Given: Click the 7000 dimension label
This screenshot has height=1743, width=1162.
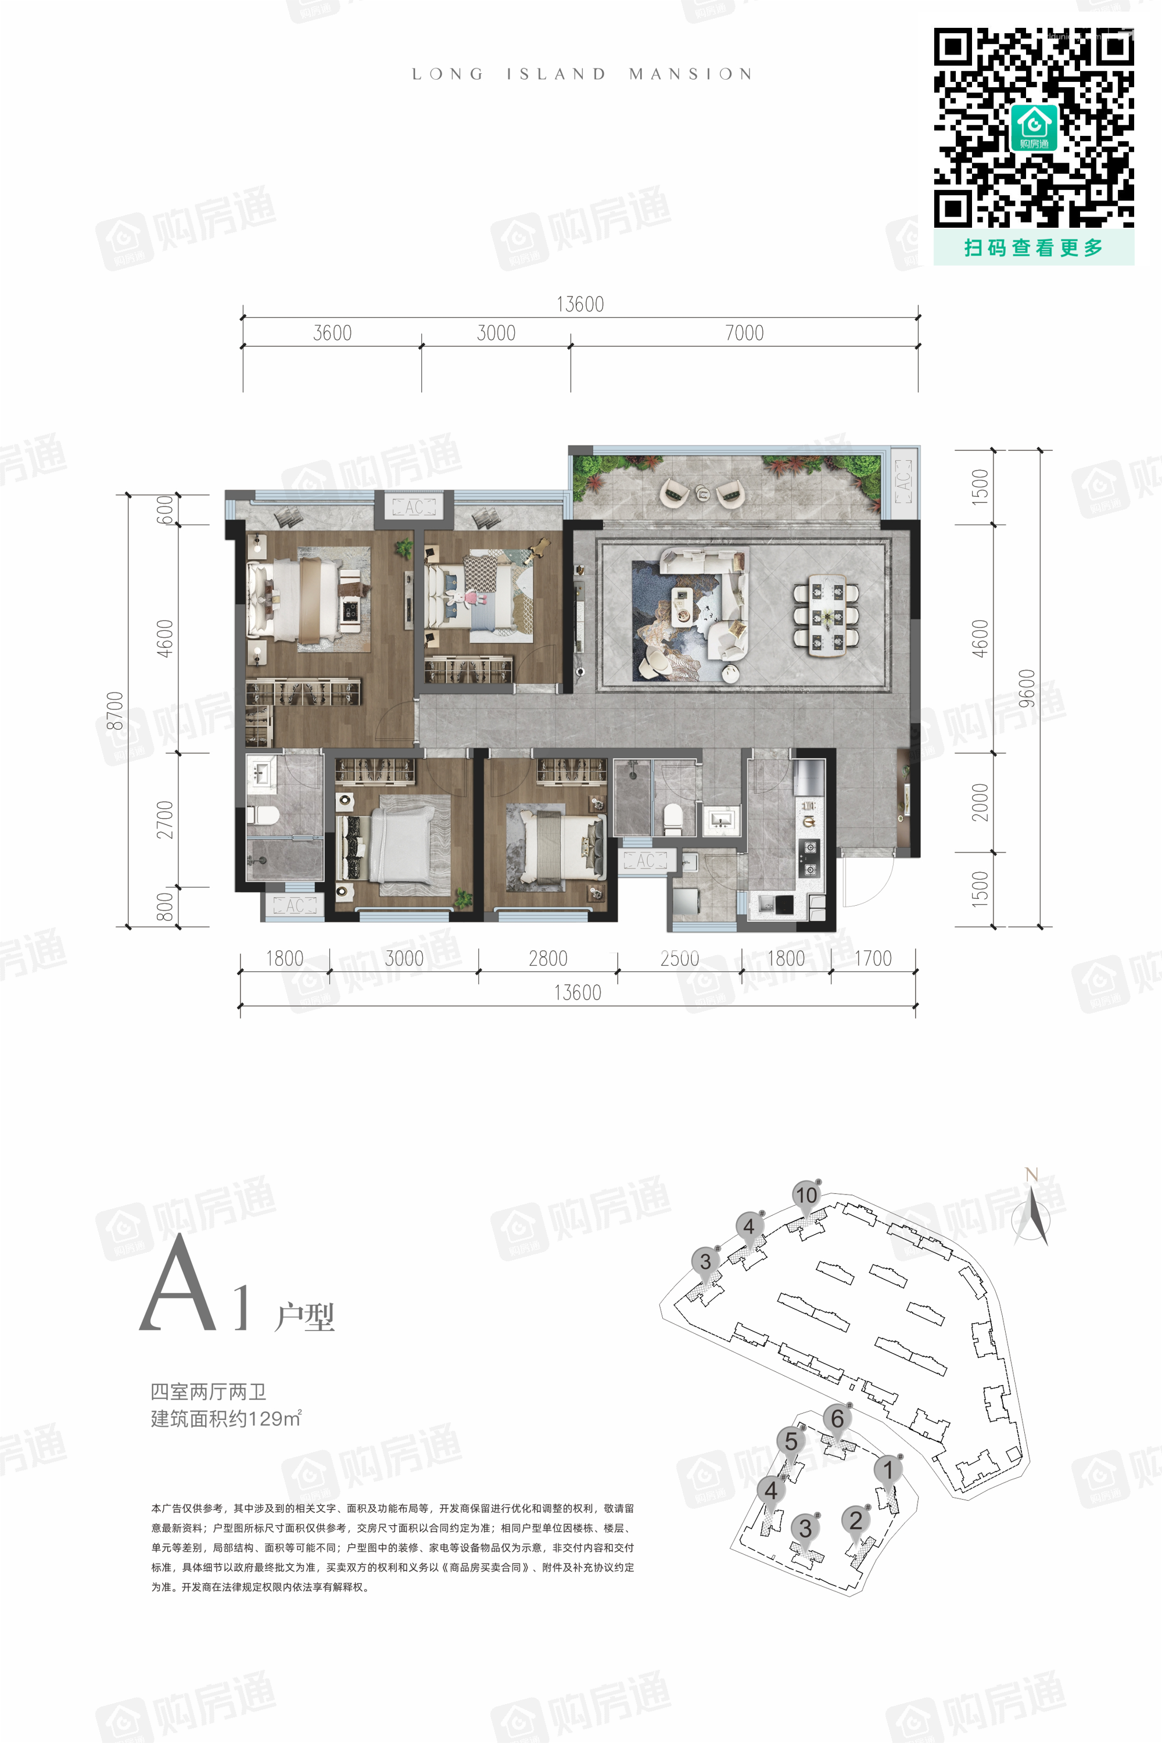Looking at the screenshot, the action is pyautogui.click(x=744, y=333).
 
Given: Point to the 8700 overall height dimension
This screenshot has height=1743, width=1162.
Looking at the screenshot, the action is pyautogui.click(x=115, y=711).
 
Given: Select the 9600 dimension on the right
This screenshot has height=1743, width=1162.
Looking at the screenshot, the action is pyautogui.click(x=1027, y=688).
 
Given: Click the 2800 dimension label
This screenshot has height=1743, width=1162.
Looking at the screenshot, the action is pyautogui.click(x=548, y=958).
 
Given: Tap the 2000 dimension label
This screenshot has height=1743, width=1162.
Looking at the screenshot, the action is pyautogui.click(x=980, y=802).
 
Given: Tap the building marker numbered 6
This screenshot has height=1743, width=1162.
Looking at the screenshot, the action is pyautogui.click(x=837, y=1419).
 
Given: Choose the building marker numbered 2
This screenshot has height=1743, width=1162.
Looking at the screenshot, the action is pyautogui.click(x=856, y=1520).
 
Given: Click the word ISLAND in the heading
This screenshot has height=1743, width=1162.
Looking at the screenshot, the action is pyautogui.click(x=557, y=74).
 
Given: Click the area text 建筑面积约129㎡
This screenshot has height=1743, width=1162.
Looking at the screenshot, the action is pyautogui.click(x=226, y=1418).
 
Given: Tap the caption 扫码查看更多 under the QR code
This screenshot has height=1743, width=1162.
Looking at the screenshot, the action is pyautogui.click(x=1034, y=248).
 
